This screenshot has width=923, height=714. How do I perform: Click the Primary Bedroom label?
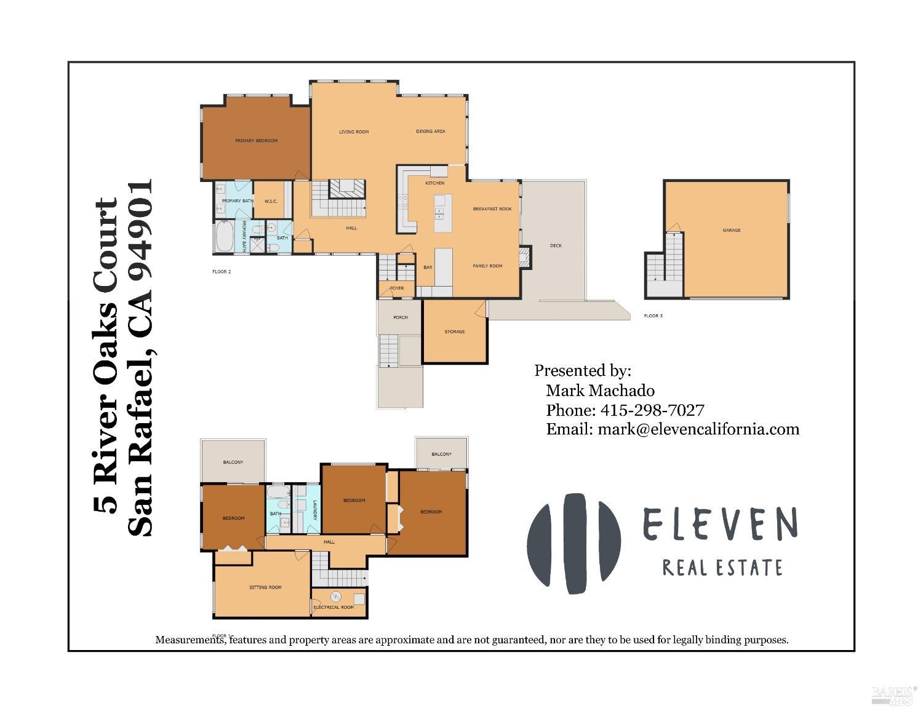(x=256, y=141)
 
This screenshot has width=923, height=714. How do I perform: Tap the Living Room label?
(x=354, y=132)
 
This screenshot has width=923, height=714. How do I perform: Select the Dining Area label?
(x=431, y=131)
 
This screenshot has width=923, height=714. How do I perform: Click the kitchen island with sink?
(x=440, y=213)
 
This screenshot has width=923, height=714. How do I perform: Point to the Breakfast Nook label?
(x=492, y=209)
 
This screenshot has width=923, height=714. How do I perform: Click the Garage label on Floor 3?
(x=731, y=230)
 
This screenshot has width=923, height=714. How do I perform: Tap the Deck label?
(x=556, y=245)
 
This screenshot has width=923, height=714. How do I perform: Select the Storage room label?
(x=455, y=331)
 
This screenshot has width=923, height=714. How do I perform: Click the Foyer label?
(x=397, y=288)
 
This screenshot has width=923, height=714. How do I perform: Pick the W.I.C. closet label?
(x=271, y=201)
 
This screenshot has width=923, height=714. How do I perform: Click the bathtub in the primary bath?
(x=224, y=237)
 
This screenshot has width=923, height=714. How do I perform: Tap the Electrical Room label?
(x=334, y=607)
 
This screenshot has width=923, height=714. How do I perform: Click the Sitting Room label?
(x=265, y=587)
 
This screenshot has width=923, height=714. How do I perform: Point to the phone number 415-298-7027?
(x=652, y=410)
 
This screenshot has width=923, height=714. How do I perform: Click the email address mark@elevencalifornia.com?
(x=698, y=429)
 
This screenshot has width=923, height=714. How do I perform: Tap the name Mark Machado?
(x=600, y=391)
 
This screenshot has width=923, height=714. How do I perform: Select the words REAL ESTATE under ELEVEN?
(x=722, y=567)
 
